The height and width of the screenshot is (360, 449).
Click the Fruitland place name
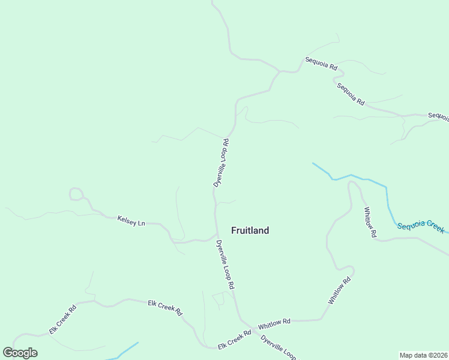pyautogui.click(x=250, y=230)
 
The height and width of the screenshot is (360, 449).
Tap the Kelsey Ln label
pyautogui.click(x=131, y=221)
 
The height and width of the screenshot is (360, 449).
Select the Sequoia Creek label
pyautogui.click(x=421, y=226)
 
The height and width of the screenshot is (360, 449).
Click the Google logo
pyautogui.click(x=20, y=353)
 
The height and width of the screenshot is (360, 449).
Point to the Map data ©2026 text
pyautogui.click(x=423, y=355)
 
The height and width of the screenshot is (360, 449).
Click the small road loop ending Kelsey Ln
pyautogui.click(x=76, y=193)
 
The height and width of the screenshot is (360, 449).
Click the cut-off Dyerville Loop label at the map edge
pyautogui.click(x=279, y=347)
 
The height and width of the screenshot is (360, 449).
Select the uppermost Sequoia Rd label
pyautogui.click(x=321, y=64)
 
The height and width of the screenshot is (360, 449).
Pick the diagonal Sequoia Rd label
pyautogui.click(x=351, y=94)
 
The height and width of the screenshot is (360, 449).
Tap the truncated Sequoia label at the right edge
pyautogui.click(x=438, y=116)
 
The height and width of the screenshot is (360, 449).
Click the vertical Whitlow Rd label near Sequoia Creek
pyautogui.click(x=370, y=222)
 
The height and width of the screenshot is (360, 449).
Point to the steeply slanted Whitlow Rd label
pyautogui.click(x=339, y=290)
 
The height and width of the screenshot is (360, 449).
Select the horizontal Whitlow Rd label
pyautogui.click(x=274, y=323)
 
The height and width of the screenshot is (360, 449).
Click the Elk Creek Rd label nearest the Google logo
pyautogui.click(x=62, y=320)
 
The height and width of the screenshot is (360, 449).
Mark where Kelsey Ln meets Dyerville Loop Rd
pyautogui.click(x=216, y=236)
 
